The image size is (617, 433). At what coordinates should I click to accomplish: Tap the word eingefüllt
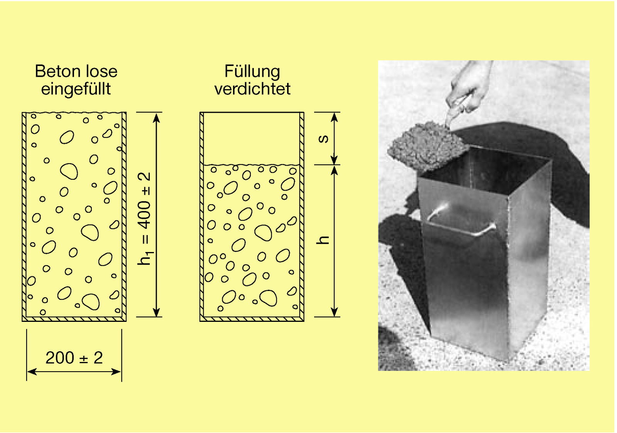[76, 89]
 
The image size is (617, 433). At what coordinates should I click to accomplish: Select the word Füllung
[252, 72]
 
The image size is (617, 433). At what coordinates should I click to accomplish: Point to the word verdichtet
[252, 89]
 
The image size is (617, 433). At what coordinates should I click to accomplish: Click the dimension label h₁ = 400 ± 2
[145, 219]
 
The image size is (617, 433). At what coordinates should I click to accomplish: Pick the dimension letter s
[323, 139]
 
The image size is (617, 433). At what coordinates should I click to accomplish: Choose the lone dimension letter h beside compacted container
[323, 240]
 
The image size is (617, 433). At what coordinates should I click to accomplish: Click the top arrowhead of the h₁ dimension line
[156, 117]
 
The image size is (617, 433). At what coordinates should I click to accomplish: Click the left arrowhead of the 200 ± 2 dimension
[32, 372]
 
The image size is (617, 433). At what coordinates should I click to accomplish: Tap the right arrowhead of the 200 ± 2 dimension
[116, 372]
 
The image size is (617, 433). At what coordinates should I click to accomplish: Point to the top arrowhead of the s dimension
[334, 117]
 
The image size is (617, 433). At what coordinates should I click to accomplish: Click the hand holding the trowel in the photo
[468, 88]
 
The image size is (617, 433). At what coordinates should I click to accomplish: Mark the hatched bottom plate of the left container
[74, 319]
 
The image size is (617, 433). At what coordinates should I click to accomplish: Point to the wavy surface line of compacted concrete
[252, 165]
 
